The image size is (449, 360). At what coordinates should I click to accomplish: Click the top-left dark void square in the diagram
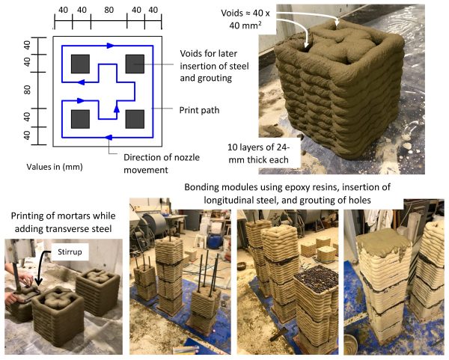click(x=81, y=64)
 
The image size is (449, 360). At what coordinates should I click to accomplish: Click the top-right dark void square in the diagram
click(x=135, y=64)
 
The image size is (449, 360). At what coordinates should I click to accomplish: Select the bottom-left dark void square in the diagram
click(x=81, y=118)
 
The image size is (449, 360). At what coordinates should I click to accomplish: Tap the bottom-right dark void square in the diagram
click(x=135, y=118)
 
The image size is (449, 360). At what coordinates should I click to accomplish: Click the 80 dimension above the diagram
click(x=108, y=11)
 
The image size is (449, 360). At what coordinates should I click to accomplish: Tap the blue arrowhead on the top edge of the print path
click(x=111, y=46)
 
